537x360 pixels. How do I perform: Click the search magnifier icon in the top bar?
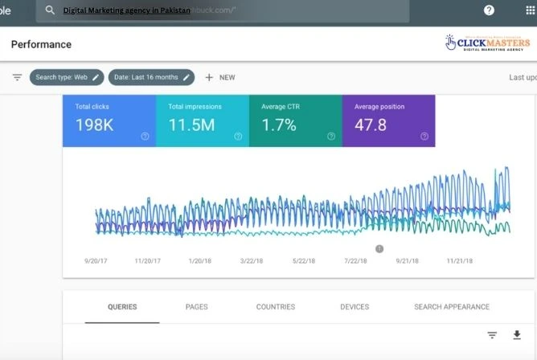pos(50,10)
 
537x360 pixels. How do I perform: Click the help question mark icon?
pos(489,10)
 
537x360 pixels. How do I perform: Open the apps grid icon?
pos(530,10)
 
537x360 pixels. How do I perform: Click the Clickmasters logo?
pos(489,43)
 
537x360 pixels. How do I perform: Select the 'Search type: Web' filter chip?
pos(67,77)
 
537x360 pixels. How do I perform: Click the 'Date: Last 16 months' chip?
pos(151,77)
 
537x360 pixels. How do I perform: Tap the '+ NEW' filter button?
pos(219,77)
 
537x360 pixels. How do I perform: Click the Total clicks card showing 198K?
pos(109,121)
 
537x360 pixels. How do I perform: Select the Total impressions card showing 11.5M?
pos(202,121)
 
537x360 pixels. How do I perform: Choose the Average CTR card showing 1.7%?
pos(295,121)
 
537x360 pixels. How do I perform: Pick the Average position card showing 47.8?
pos(388,121)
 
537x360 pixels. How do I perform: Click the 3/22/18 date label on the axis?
pos(257,261)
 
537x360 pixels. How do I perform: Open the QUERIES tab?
pos(122,307)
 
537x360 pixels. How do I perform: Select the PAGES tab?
pos(196,307)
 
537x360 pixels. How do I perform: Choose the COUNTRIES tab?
pos(275,307)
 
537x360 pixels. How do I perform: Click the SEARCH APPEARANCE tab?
pos(451,307)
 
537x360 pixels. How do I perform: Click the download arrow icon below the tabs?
pos(516,335)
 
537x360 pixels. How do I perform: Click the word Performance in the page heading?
pos(41,44)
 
